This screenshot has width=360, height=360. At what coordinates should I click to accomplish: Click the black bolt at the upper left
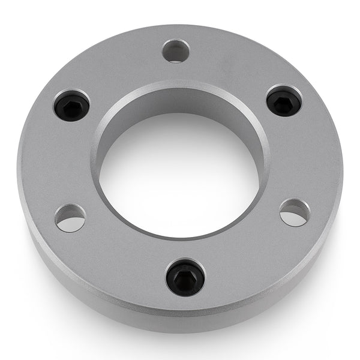click(x=71, y=106)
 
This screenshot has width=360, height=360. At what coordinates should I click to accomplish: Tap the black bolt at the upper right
click(x=284, y=101)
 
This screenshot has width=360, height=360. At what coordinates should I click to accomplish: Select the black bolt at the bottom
click(x=185, y=278)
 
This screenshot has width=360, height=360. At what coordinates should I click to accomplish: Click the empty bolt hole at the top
click(x=176, y=51)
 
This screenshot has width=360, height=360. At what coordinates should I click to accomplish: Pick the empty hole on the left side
click(x=70, y=218)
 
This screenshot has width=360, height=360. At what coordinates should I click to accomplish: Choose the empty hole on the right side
click(x=295, y=212)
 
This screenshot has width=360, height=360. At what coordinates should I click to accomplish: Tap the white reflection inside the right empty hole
click(x=294, y=218)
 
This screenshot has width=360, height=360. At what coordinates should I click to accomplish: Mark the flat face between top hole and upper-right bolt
click(x=234, y=66)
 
